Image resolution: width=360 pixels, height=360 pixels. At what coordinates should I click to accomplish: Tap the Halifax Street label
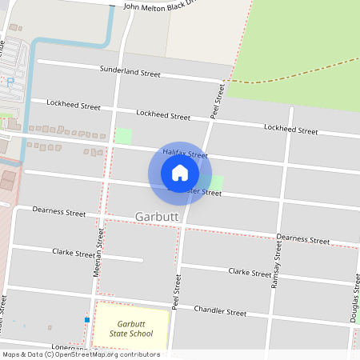coord(185,154)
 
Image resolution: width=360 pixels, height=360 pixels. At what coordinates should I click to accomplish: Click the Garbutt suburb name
coord(158,217)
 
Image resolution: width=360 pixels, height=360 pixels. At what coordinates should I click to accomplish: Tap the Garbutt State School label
coord(130,329)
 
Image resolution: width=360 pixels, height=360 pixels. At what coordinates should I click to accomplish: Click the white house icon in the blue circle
coord(180,172)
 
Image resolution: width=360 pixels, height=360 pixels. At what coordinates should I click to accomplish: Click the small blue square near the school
coord(86,320)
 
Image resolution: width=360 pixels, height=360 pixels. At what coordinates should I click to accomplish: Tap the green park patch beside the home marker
coord(216,182)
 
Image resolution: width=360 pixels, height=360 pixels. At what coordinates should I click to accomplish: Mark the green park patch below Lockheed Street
coord(123,136)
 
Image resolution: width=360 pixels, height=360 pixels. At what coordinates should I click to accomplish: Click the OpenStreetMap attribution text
coord(80,354)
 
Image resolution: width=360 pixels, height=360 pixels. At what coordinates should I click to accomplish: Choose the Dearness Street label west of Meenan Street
coord(58,212)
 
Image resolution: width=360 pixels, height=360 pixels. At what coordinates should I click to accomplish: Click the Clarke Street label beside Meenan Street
coord(74,253)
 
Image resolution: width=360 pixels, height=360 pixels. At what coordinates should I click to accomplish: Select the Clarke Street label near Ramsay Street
coord(250,272)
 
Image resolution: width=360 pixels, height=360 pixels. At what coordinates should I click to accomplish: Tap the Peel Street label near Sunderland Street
coord(216,102)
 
